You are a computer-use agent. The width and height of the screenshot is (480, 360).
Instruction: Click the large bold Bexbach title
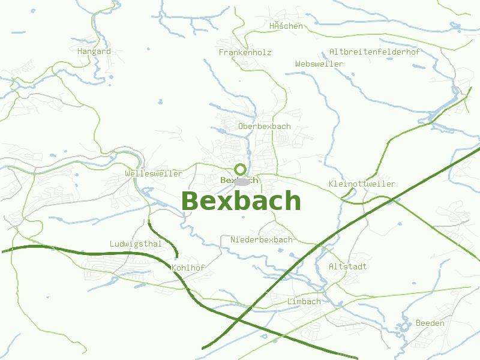241,201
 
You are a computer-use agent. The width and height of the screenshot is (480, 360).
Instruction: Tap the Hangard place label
94,52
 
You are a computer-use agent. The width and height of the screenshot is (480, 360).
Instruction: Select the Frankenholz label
245,53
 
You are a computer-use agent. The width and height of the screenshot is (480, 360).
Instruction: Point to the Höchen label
286,26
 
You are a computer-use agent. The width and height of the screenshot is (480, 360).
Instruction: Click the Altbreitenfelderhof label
374,52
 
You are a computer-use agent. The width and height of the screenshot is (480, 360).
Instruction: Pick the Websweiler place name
319,64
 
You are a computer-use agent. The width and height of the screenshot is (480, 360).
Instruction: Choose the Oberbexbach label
264,127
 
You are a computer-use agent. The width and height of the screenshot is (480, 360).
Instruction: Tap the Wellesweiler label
154,174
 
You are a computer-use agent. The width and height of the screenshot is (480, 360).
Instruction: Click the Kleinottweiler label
362,184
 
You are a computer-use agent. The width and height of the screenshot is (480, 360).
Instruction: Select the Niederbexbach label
262,240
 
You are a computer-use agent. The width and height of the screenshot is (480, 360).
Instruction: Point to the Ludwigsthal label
136,244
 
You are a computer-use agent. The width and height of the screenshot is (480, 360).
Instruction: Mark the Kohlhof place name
188,268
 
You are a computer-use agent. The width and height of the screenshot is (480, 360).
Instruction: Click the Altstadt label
347,266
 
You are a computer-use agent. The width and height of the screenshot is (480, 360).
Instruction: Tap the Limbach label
304,301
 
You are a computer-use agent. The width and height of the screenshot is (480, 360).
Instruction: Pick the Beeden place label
430,323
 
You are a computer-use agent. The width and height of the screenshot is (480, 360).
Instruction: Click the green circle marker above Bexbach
241,169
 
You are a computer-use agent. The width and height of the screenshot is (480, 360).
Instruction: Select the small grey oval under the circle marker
242,181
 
